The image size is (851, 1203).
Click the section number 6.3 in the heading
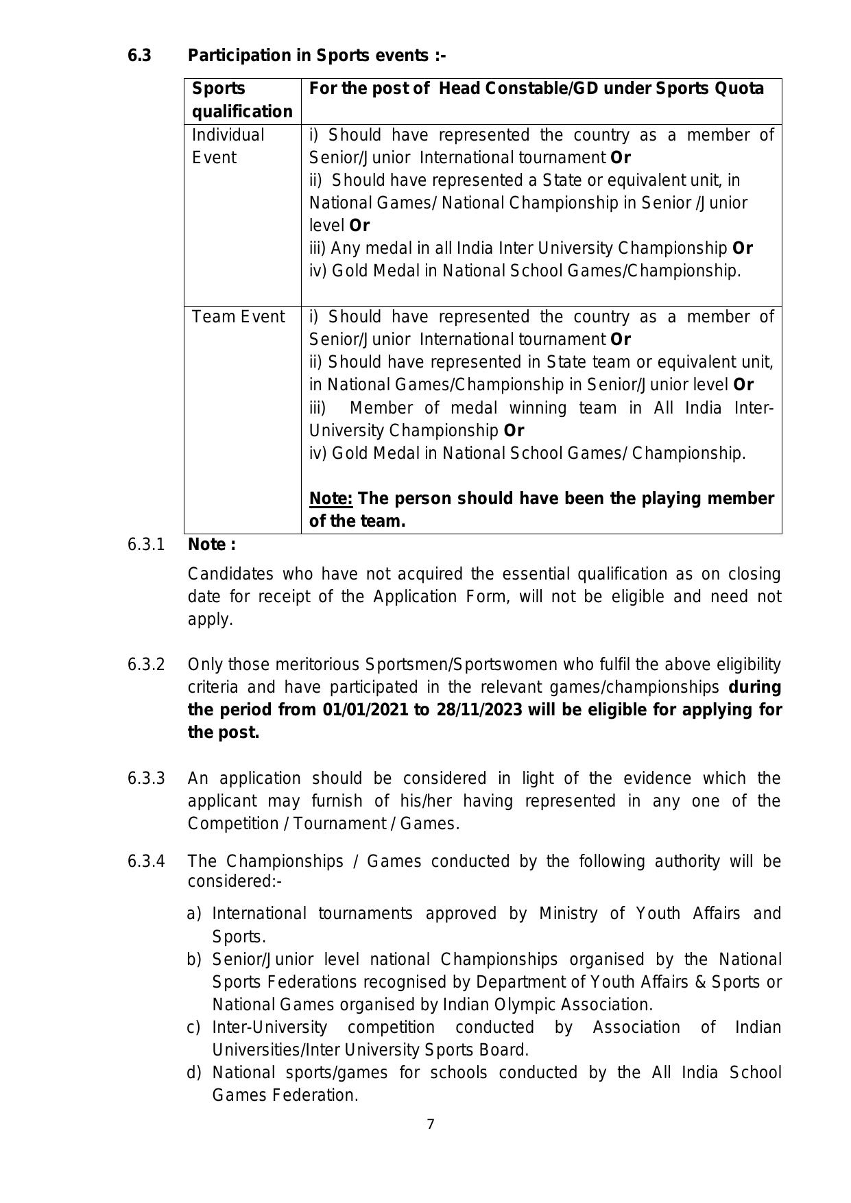click(x=139, y=56)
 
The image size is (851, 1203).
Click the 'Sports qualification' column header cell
click(x=241, y=100)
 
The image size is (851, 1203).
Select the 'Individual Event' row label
click(x=228, y=146)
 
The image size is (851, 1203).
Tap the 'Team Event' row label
click(x=238, y=317)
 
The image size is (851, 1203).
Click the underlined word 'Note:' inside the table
click(x=331, y=499)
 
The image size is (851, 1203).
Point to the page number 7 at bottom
click(x=431, y=1124)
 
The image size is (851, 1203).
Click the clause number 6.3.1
click(x=145, y=545)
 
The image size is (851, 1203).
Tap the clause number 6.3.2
click(x=145, y=665)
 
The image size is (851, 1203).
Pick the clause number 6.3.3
click(x=145, y=778)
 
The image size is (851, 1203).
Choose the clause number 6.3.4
click(x=145, y=861)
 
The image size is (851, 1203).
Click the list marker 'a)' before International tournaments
click(x=194, y=914)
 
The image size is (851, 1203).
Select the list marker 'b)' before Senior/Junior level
click(x=194, y=960)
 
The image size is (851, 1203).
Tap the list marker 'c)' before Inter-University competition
click(x=193, y=1027)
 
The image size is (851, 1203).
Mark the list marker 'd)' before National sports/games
click(x=194, y=1073)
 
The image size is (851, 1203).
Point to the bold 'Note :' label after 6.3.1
click(x=212, y=545)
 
